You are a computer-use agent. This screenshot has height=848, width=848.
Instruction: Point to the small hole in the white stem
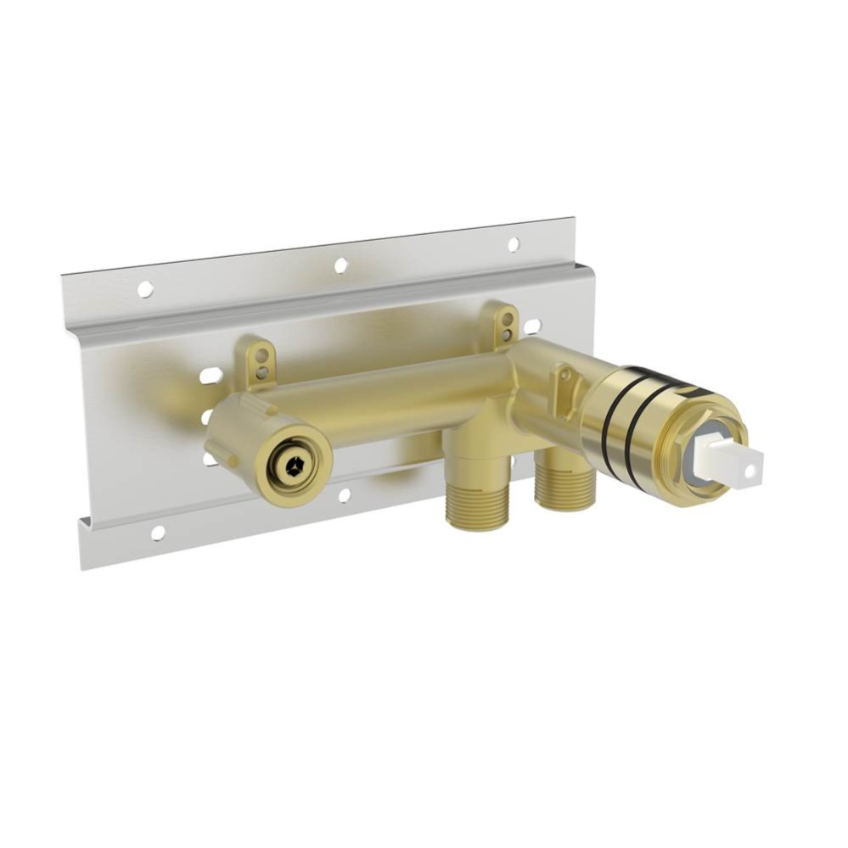pyautogui.click(x=750, y=466)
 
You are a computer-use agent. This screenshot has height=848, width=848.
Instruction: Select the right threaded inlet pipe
pyautogui.click(x=564, y=488)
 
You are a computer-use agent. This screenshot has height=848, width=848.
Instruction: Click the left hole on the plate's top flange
pyautogui.click(x=145, y=289)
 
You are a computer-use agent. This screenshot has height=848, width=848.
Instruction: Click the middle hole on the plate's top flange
pyautogui.click(x=340, y=265)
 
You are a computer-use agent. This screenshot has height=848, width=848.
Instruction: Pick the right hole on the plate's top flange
pyautogui.click(x=513, y=244)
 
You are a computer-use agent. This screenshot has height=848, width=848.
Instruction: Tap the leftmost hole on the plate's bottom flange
pyautogui.click(x=158, y=533)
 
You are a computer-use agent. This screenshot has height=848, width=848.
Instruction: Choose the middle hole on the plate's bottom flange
pyautogui.click(x=344, y=494)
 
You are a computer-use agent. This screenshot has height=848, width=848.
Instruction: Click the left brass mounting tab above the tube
pyautogui.click(x=260, y=360)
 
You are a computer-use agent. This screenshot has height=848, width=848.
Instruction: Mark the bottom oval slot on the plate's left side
pyautogui.click(x=210, y=458)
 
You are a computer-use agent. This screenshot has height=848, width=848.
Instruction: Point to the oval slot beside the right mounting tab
pyautogui.click(x=532, y=326)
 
